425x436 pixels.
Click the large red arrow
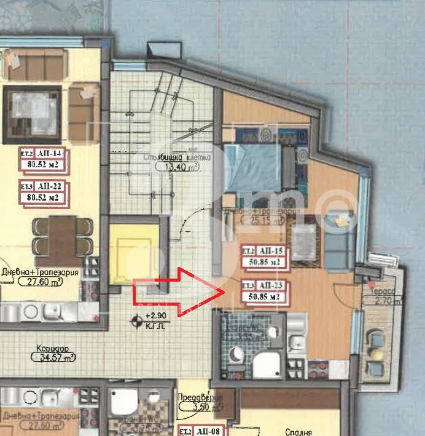178,292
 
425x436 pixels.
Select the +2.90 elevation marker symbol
136,320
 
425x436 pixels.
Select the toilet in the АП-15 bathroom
236,354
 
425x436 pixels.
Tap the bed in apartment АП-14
32,110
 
